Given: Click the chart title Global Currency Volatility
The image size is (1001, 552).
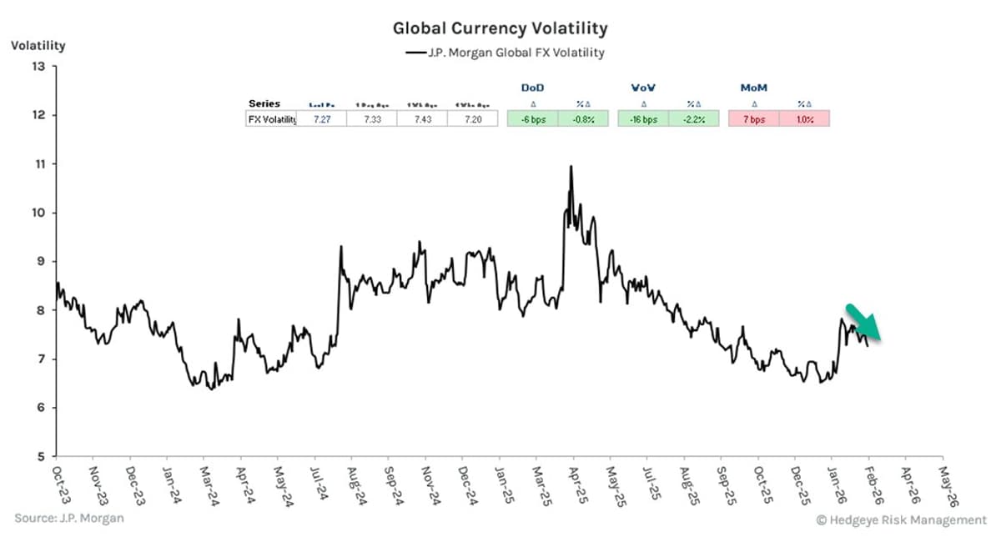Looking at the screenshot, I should coord(500,28).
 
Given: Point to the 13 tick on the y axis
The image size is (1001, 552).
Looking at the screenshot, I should coord(38,67).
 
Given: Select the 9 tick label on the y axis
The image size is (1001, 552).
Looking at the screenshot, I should coord(39,262).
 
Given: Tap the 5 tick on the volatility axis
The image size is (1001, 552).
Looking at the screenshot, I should coord(39,457).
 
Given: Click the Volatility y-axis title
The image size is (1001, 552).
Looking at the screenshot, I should coord(38,46).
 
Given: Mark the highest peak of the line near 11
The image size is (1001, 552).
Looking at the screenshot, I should coord(571,167).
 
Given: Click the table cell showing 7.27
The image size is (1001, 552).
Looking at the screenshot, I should coord(322,119).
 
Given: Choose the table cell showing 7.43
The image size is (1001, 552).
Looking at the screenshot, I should coord(422,119).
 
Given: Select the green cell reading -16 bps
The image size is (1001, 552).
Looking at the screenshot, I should coord(643,119).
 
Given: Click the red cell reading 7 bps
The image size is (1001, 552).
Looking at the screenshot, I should coord(753,119).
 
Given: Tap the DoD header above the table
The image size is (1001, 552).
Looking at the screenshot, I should coord(533,87).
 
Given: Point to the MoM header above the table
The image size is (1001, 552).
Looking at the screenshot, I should coord(753,87).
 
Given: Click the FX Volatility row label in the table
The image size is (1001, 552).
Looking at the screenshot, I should coord(272,119).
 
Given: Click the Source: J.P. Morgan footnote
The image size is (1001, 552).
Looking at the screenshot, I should coord(69,519).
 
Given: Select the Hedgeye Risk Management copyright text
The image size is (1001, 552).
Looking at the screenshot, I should coord(900,519).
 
